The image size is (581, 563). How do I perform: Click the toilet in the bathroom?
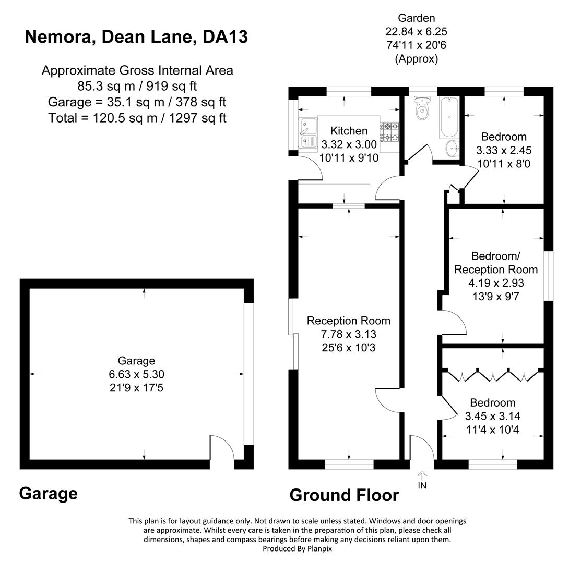tap(421, 110)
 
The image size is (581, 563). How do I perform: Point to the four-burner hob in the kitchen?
tap(389, 132)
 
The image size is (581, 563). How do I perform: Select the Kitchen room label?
tap(349, 131)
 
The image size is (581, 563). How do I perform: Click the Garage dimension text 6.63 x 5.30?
tap(136, 374)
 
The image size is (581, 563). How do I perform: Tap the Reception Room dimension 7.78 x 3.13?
tap(348, 334)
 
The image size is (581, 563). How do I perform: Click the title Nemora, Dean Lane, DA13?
tap(136, 37)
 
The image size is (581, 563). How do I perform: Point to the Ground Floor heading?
tap(344, 495)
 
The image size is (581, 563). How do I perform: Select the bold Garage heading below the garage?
tap(48, 493)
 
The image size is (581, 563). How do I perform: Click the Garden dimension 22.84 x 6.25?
tap(416, 32)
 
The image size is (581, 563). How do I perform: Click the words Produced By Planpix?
tap(297, 548)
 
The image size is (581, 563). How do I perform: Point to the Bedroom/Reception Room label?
tap(495, 263)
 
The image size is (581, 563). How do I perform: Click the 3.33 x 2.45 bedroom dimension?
tap(504, 151)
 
